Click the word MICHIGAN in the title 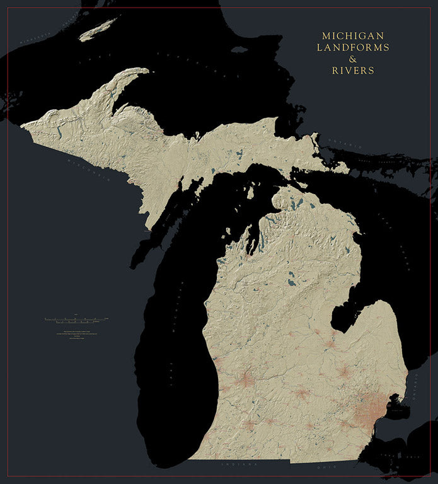[x=352, y=36]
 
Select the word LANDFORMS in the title [x=352, y=47]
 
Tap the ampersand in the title [x=352, y=59]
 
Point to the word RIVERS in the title [x=352, y=71]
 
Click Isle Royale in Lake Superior [x=98, y=28]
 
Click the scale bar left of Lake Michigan [x=76, y=320]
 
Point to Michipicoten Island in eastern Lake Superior [x=239, y=49]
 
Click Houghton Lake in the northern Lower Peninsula [x=291, y=275]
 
